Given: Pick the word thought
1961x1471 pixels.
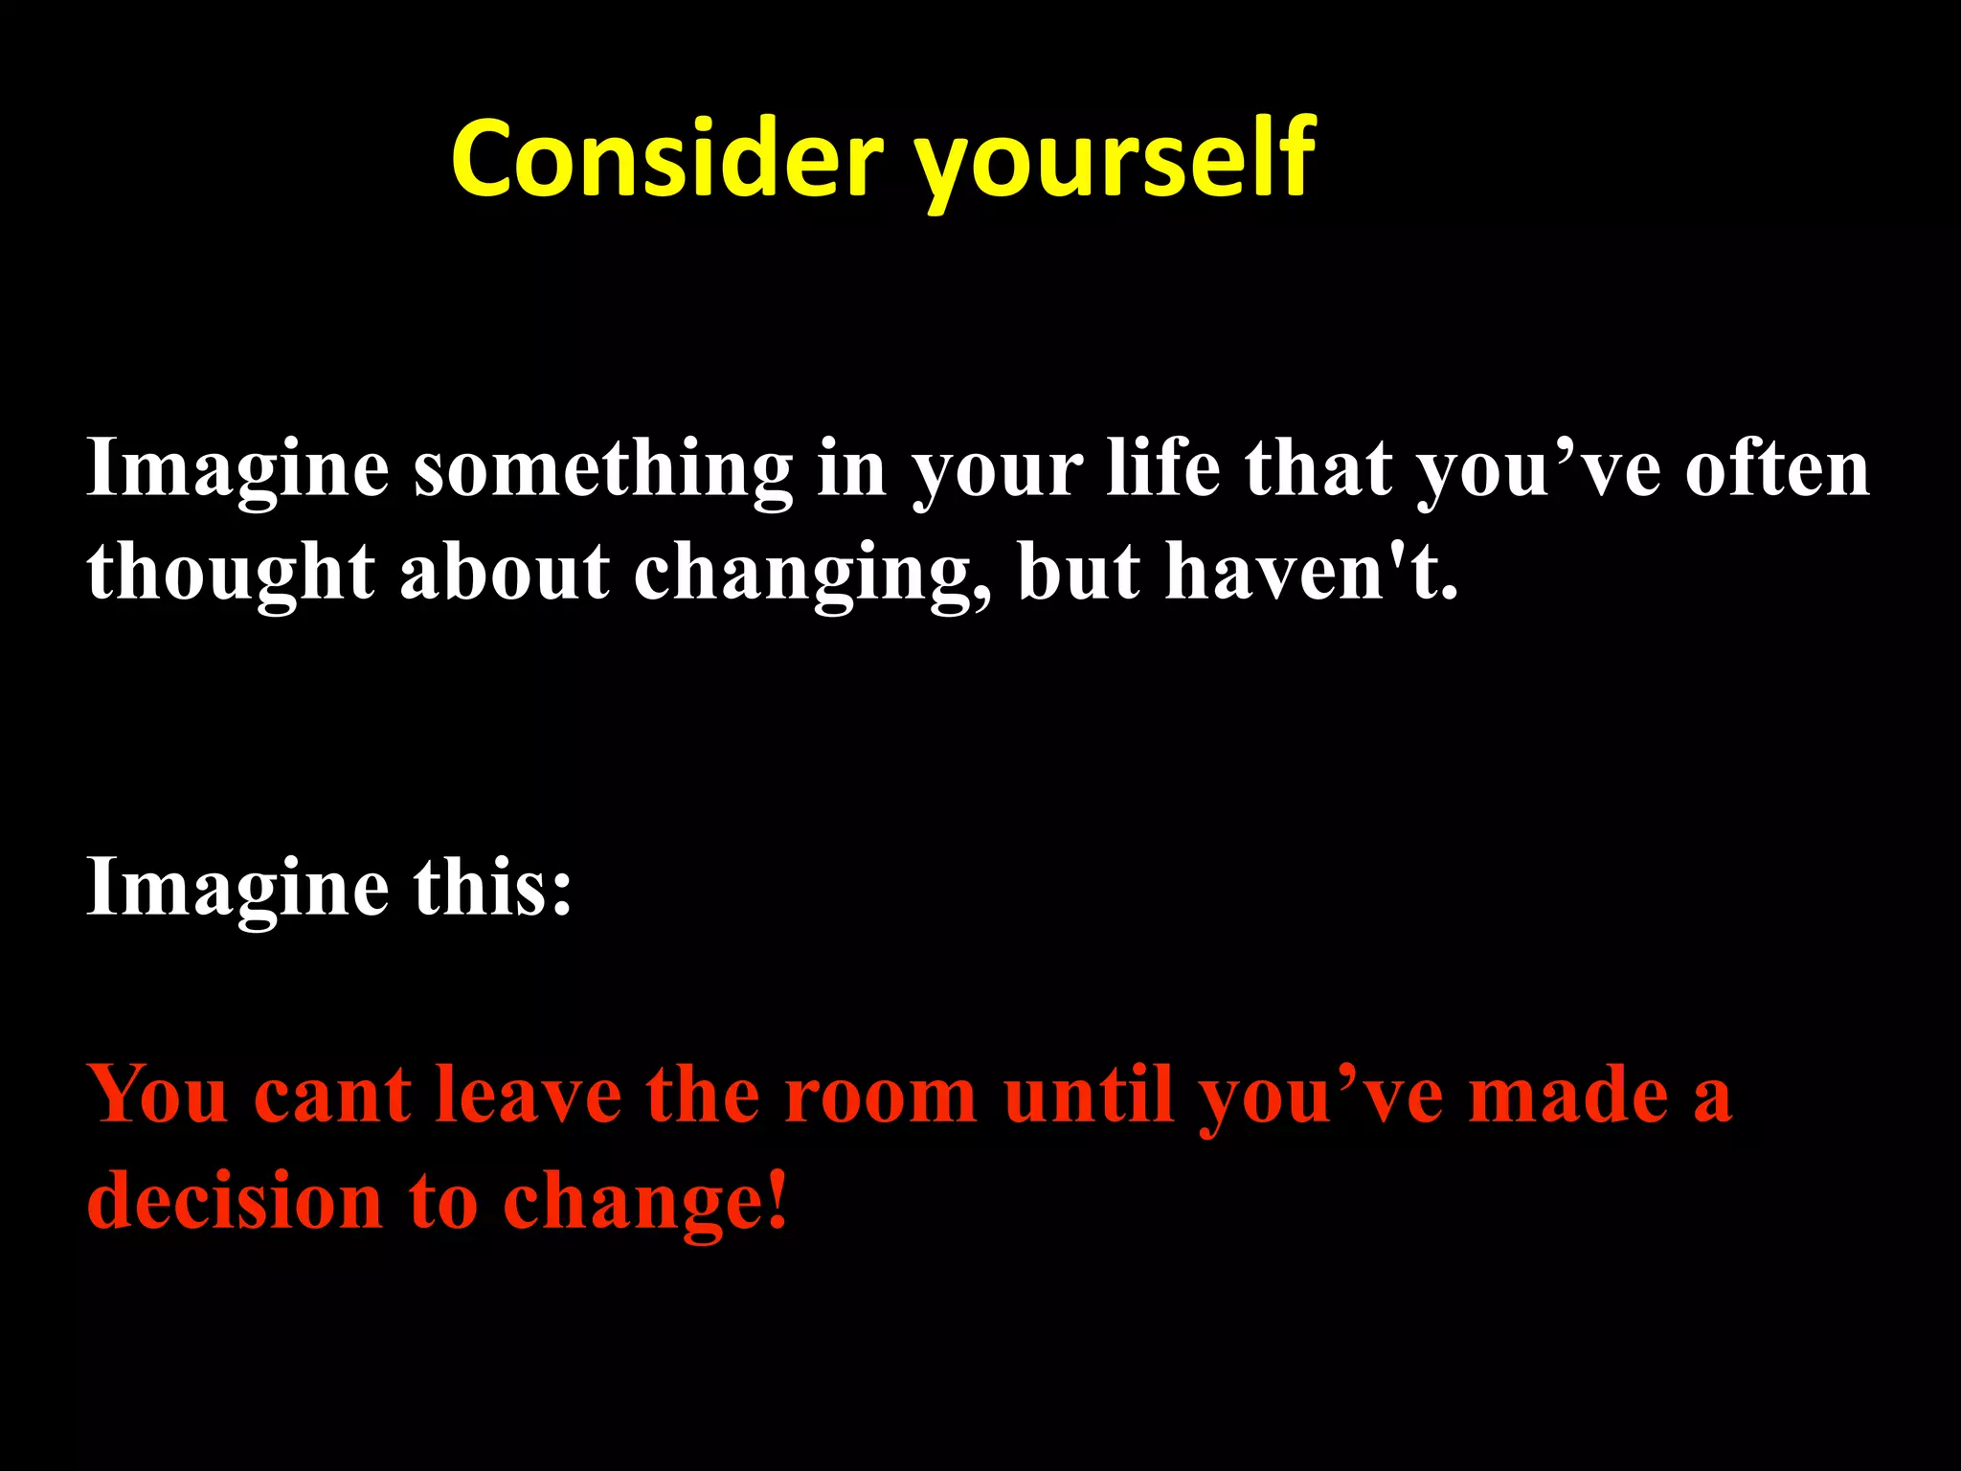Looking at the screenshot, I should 230,573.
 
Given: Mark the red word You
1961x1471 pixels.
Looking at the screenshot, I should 158,1094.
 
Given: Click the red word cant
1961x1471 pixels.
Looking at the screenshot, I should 332,1096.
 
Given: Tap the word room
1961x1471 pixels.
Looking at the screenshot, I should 881,1096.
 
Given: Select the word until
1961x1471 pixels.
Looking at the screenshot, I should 1089,1094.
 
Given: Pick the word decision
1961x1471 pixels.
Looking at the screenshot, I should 236,1199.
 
